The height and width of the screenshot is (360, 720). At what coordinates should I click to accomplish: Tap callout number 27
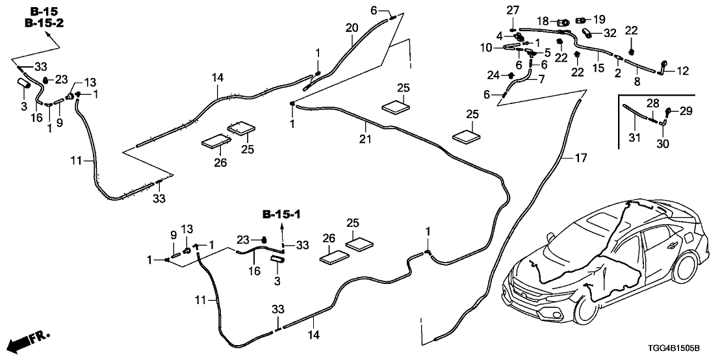coord(513,9)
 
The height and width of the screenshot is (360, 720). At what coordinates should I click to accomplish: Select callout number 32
coord(610,33)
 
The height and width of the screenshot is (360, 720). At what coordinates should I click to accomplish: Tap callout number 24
coord(495,75)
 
